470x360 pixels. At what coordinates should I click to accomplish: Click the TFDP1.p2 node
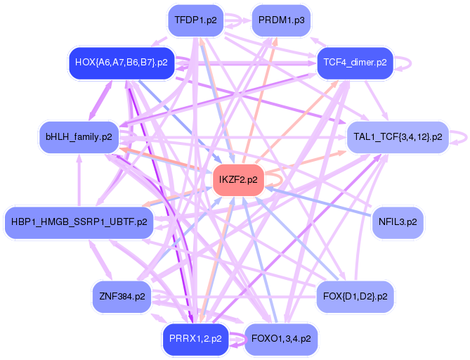(x=195, y=20)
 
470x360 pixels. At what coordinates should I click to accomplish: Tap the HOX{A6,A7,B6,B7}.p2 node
(x=121, y=62)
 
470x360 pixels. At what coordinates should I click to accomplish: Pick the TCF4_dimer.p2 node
(x=355, y=62)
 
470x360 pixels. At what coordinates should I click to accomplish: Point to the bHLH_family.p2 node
(x=79, y=136)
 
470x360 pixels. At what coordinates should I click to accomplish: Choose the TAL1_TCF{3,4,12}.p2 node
(x=398, y=136)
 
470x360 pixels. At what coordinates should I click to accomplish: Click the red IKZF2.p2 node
(x=238, y=179)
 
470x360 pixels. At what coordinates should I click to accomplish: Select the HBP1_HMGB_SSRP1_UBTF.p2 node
(x=79, y=222)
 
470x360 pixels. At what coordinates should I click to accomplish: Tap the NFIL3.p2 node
(x=398, y=222)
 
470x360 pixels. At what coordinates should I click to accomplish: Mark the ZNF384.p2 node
(x=122, y=296)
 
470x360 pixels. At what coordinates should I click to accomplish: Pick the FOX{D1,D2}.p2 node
(x=355, y=296)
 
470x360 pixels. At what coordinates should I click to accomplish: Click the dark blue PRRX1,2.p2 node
(x=195, y=338)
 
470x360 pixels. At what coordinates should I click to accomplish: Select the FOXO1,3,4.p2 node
(x=281, y=338)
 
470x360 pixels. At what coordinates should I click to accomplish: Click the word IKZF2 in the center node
(x=233, y=179)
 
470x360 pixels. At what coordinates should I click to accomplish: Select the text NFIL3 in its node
(x=393, y=222)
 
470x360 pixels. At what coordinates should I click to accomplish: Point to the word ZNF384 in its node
(x=117, y=296)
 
